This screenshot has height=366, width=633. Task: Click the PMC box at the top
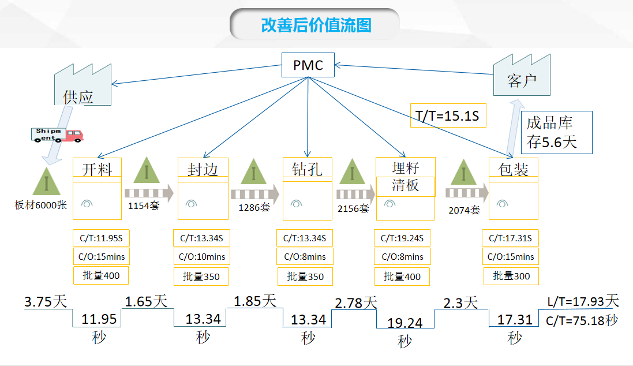coord(308,65)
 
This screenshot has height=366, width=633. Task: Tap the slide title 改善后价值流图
coord(316,25)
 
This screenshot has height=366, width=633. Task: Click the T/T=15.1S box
coord(448,116)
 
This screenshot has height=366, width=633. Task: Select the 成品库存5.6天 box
coord(557,132)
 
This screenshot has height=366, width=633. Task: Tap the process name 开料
coord(97,169)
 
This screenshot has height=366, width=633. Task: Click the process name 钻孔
coord(307,169)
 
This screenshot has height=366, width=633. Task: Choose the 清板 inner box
coord(405,186)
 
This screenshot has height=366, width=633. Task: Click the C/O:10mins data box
coord(202,256)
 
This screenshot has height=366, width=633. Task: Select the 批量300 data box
coord(511,276)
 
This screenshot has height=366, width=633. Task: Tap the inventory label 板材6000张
coord(41,204)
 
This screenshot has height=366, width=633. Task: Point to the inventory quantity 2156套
coord(353,208)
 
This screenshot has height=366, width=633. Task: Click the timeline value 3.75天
coord(46,301)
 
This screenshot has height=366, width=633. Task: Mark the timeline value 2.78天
coord(355,302)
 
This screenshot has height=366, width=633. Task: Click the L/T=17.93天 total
coord(582,301)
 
